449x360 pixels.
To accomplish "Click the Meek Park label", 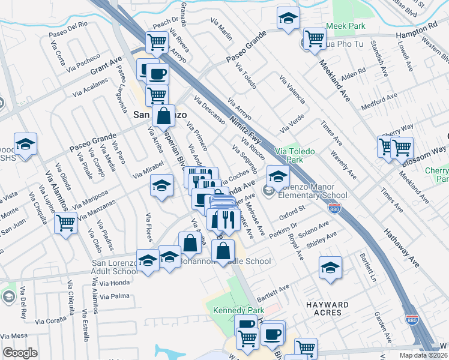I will (x=346, y=26).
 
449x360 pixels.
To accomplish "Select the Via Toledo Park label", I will (x=294, y=156).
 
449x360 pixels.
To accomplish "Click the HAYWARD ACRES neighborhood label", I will (x=327, y=308).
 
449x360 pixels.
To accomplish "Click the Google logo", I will (x=20, y=353).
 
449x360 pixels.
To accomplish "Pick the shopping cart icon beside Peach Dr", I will (x=157, y=42).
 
